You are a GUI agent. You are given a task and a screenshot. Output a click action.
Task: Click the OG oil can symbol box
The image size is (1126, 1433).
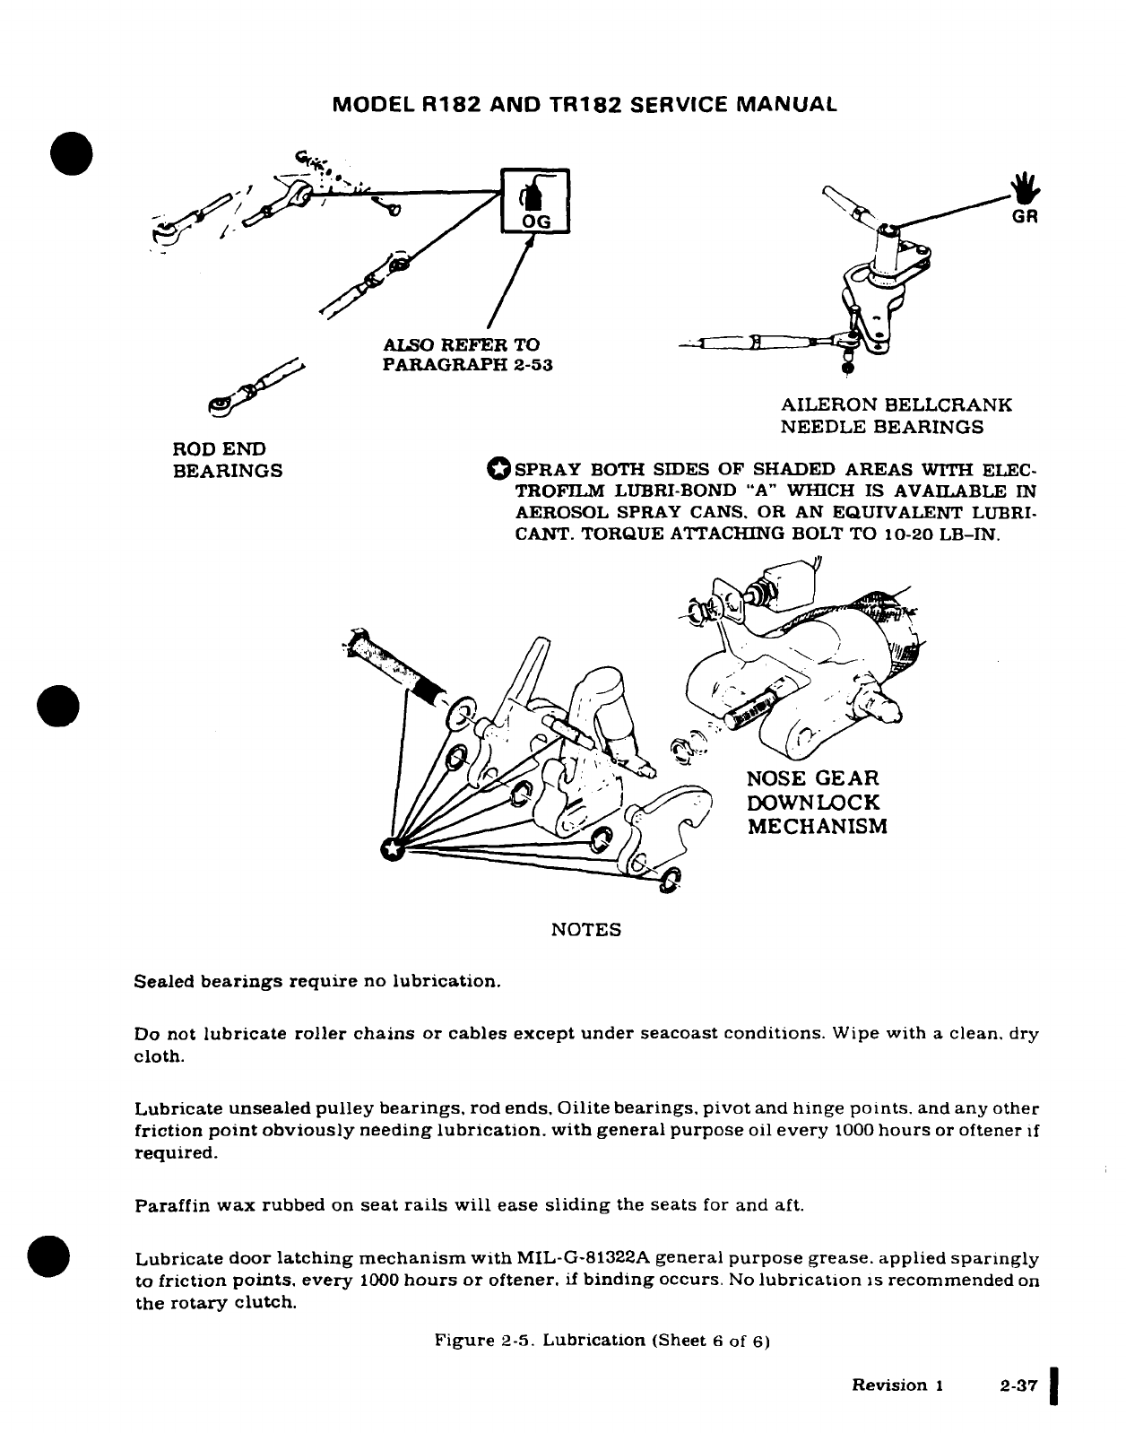tap(533, 202)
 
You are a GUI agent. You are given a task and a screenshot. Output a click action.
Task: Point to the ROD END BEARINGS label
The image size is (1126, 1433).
tap(227, 459)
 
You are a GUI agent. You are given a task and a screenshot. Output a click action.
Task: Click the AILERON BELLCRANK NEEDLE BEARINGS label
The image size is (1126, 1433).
tap(896, 415)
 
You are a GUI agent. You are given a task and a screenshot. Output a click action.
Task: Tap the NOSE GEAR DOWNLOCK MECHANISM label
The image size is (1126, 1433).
tap(817, 802)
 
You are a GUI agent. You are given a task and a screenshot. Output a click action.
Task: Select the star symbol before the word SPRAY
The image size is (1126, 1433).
tap(498, 468)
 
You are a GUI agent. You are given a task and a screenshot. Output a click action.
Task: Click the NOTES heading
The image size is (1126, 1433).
tap(585, 930)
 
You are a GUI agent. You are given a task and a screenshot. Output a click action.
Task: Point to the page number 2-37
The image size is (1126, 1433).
tap(1018, 1385)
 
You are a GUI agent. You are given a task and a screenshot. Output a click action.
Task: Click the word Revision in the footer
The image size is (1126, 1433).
tap(889, 1385)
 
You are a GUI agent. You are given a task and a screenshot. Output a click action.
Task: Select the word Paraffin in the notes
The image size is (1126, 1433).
tap(168, 1205)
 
